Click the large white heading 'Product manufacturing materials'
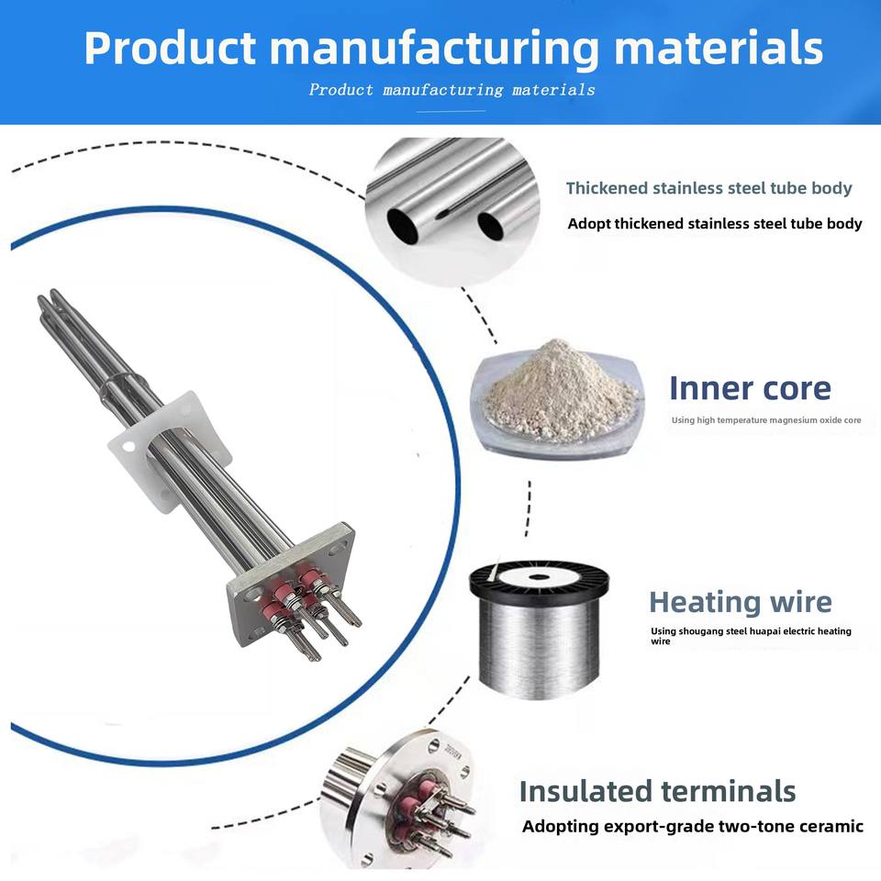point(453,49)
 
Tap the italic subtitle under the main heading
point(452,90)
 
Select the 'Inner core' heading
point(750,388)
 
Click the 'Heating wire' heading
point(741,602)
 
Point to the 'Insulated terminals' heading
point(657,791)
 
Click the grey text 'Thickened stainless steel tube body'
point(709,188)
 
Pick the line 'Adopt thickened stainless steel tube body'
point(715,224)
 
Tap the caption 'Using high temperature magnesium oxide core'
point(766,420)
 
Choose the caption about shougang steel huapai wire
point(752,635)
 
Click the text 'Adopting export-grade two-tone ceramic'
point(693,827)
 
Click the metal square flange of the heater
point(291,585)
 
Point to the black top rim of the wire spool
point(539,579)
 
